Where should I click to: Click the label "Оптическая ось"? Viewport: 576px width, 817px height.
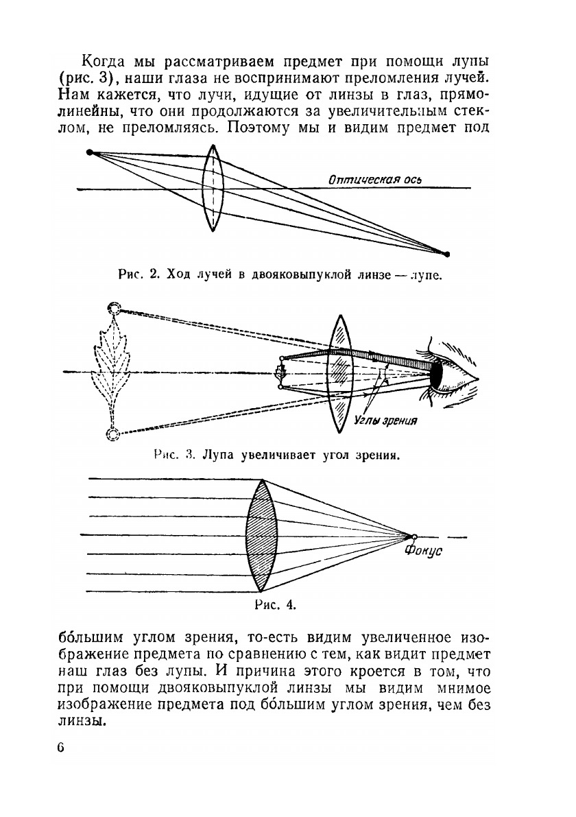(x=374, y=180)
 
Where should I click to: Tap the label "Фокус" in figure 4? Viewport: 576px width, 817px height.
(x=423, y=551)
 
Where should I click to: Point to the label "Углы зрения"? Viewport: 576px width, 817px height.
(x=387, y=420)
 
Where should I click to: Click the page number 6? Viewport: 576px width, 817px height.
(x=61, y=747)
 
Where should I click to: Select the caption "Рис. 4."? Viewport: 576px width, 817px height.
(x=274, y=604)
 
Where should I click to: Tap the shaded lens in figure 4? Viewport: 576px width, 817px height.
(x=261, y=534)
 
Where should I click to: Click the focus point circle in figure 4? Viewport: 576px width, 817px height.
(x=413, y=536)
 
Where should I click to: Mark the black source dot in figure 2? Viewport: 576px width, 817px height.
(x=89, y=152)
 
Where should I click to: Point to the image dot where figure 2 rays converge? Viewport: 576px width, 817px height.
(x=447, y=254)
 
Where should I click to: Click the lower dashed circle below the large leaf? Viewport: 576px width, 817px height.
(x=113, y=433)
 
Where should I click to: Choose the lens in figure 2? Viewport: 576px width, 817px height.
(x=213, y=189)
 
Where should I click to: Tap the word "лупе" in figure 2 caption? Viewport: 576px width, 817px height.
(x=427, y=276)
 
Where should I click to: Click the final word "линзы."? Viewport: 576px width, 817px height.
(x=80, y=721)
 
